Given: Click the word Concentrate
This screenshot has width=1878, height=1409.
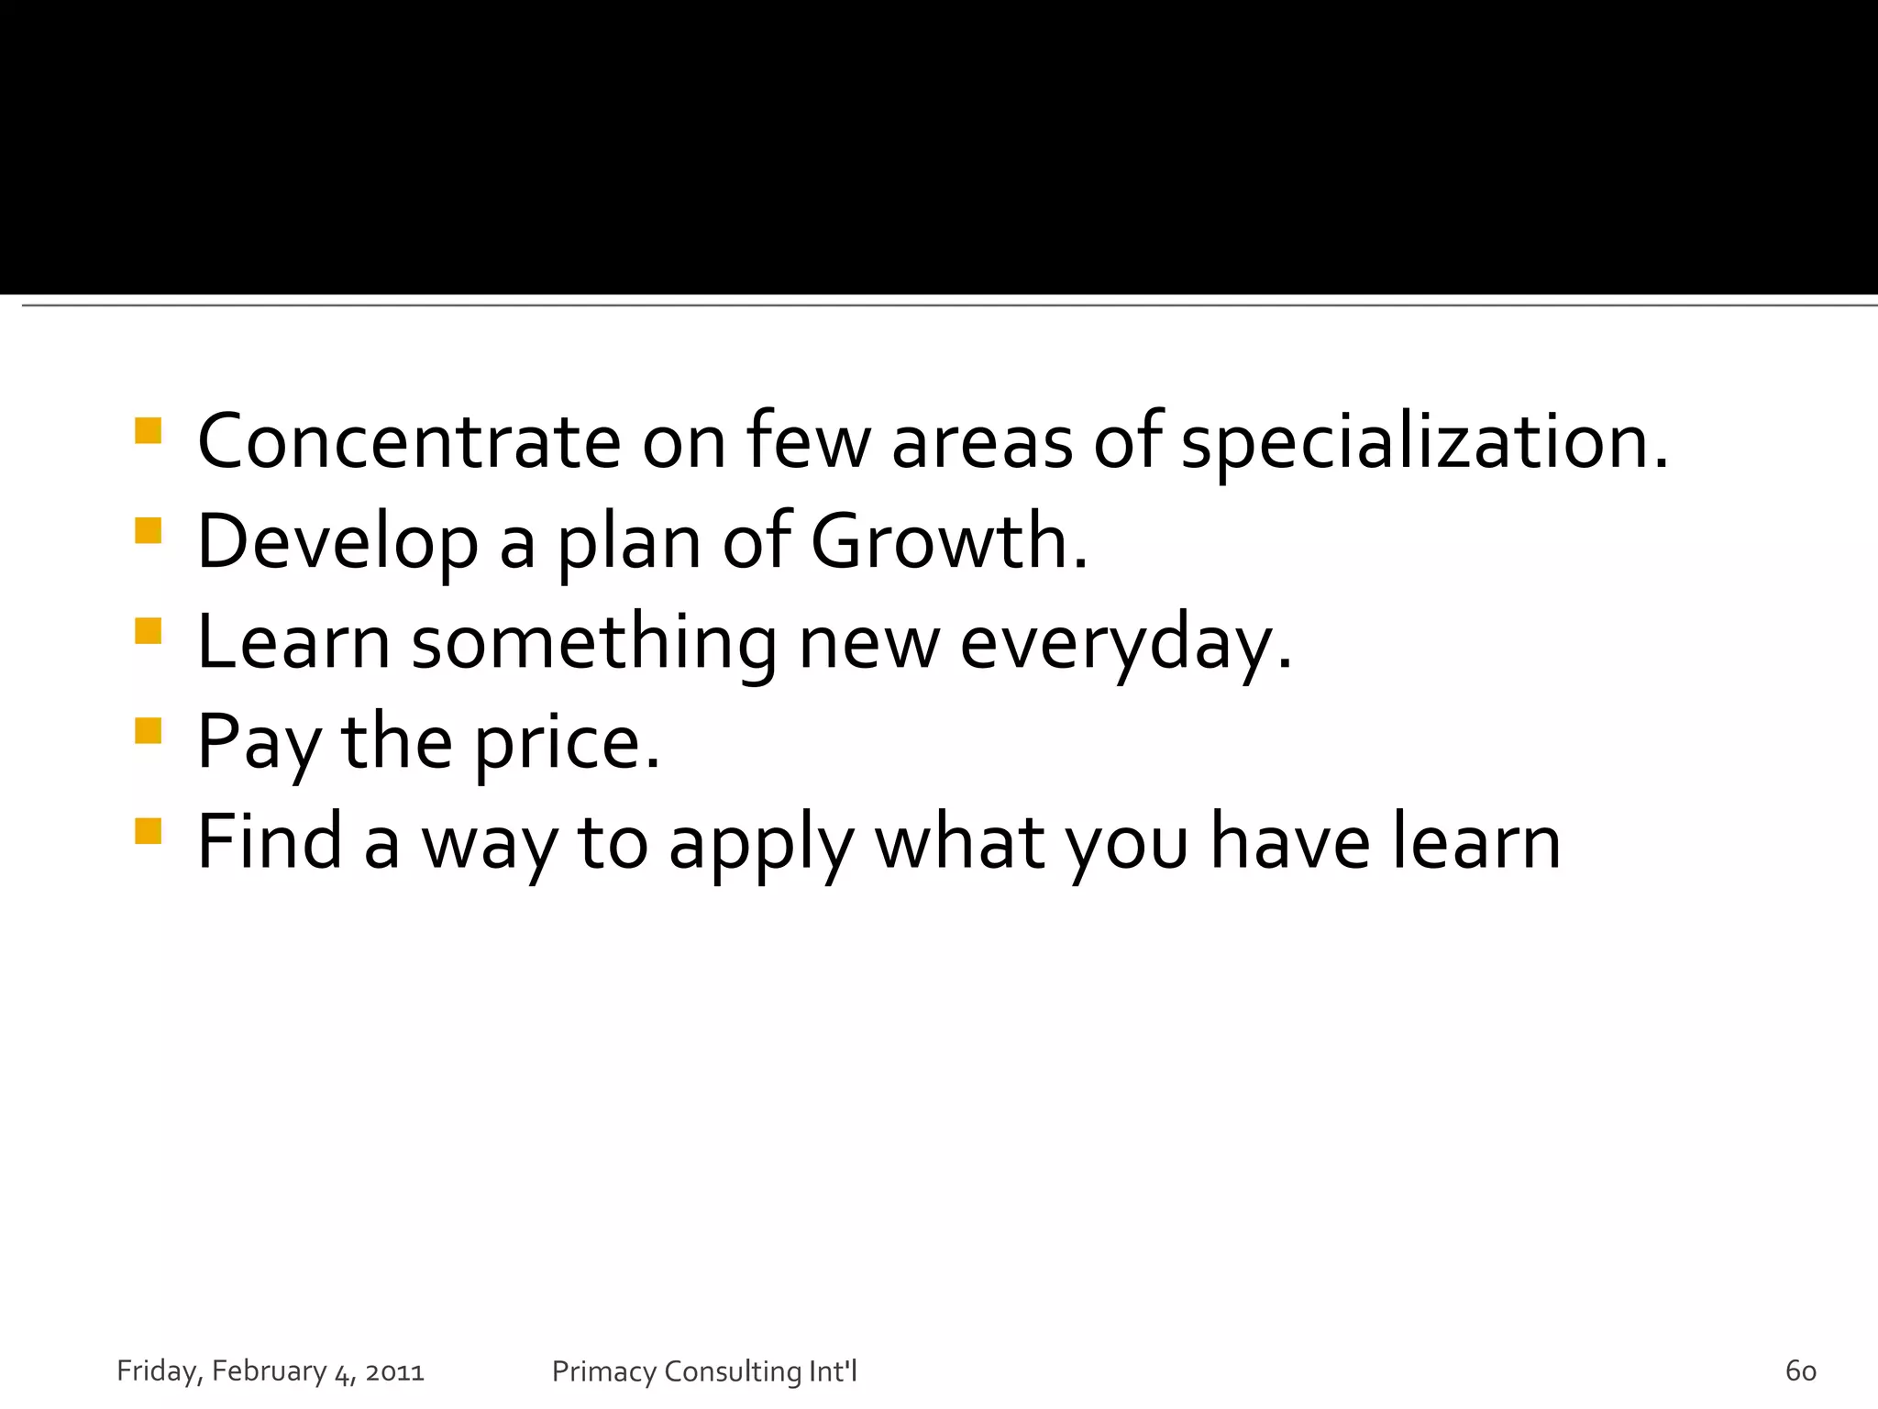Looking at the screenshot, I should click(409, 442).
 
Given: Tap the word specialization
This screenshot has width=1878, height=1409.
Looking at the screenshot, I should click(1423, 444).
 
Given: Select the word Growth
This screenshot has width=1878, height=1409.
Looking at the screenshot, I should click(948, 542).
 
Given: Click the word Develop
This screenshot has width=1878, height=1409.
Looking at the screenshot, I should click(337, 544).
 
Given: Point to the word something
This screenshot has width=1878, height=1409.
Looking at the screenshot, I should click(594, 644).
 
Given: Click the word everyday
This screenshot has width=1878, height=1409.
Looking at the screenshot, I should click(1124, 644).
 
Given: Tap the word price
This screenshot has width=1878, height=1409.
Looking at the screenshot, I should click(566, 743).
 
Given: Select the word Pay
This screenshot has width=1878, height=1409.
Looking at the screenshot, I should click(259, 743).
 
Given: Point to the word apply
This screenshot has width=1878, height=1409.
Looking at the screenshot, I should click(761, 844).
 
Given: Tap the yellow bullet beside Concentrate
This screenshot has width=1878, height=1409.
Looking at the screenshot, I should click(148, 431).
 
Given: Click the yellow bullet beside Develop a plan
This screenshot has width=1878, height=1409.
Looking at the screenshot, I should click(148, 531).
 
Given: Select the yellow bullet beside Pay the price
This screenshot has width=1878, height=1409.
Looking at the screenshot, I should click(148, 730).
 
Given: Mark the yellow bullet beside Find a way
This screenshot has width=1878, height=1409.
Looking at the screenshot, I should click(148, 830).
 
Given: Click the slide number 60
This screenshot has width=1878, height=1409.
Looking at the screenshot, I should click(1800, 1370).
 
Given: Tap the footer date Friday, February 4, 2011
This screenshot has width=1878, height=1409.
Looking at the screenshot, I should click(271, 1371).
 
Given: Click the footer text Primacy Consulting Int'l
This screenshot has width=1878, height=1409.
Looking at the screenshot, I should click(704, 1371).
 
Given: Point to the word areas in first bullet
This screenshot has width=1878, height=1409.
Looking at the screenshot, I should click(981, 444).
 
